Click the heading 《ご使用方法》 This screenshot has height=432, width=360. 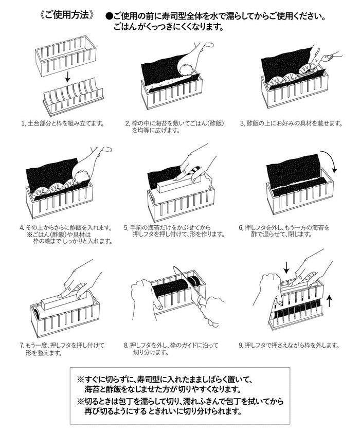pyautogui.click(x=66, y=15)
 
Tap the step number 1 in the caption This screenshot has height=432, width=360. pyautogui.click(x=23, y=123)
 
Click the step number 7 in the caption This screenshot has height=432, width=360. pyautogui.click(x=22, y=346)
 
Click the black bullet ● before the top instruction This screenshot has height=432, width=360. pyautogui.click(x=109, y=16)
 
